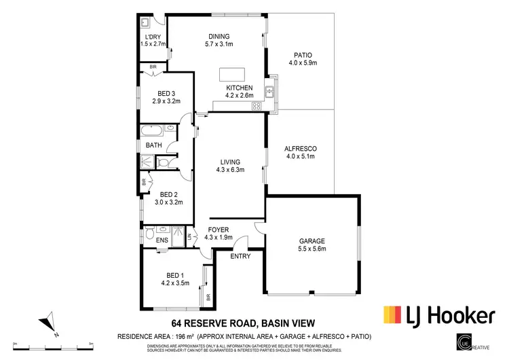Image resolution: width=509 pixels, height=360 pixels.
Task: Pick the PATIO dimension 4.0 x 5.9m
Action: (x=303, y=63)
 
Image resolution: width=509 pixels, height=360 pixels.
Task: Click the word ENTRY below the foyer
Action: (x=240, y=256)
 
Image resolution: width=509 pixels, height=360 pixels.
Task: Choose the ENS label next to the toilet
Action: (x=163, y=240)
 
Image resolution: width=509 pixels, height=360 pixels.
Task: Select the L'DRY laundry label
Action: (x=153, y=36)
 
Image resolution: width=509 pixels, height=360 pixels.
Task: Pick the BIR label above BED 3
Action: (x=153, y=67)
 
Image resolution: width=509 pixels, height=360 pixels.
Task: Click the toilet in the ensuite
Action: (x=149, y=234)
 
